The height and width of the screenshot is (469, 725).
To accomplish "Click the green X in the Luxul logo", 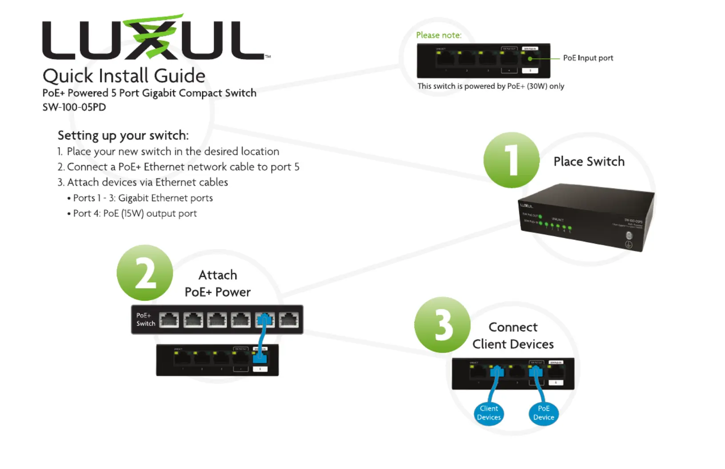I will coord(152,37).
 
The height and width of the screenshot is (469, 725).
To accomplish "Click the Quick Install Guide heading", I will coord(124,76).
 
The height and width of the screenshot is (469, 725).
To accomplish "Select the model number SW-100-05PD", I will coord(74,107).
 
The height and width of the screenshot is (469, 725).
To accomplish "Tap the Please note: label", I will coord(438,35).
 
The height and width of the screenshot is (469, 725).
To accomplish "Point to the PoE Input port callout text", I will coord(588,58).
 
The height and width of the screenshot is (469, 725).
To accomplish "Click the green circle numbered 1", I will coord(511,160).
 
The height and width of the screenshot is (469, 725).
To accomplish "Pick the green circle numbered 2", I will coord(145,273).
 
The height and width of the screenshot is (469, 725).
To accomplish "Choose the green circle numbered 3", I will coord(442,325).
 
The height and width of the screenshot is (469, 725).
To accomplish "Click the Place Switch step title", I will coord(589,162).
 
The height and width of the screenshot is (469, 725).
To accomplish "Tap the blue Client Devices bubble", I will coord(489,413).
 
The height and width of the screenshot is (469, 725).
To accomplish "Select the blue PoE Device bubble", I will coord(543,413).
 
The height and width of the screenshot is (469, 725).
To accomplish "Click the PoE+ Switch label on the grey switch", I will coord(145,320).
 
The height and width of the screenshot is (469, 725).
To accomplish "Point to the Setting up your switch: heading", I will coord(123,135).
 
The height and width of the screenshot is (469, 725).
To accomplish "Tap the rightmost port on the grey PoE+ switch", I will coord(289,320).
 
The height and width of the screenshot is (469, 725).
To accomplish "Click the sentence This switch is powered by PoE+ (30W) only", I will coord(490,86).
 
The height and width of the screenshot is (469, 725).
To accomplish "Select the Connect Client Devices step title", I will coord(513,336).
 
